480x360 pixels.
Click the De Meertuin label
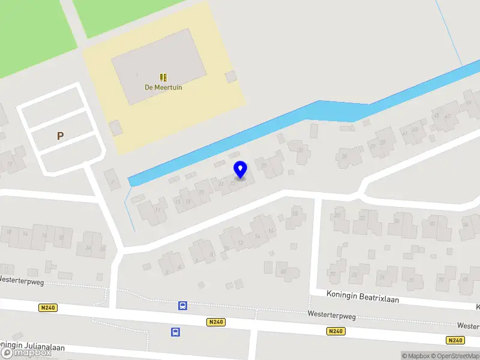point(163,87)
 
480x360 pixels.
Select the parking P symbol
point(60,136)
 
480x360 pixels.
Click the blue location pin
point(241,170)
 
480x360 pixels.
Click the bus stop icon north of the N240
point(182,306)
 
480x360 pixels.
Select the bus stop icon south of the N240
point(176,332)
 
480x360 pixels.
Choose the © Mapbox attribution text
point(416,356)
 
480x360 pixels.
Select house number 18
point(295,213)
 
